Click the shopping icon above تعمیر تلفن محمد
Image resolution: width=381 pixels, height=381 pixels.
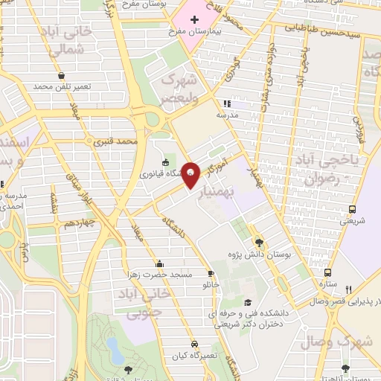60,75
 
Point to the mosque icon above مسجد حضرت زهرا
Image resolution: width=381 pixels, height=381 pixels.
159,263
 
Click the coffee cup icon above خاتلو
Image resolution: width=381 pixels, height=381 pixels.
211,273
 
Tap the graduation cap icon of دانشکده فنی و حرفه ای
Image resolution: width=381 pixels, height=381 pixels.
246,301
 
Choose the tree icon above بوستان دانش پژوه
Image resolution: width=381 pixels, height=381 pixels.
258,242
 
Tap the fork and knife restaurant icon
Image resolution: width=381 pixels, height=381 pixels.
348,289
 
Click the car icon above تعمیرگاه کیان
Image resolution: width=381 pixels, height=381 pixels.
193,345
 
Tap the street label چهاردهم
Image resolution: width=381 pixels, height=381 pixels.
79,222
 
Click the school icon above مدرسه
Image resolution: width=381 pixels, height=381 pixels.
226,104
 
